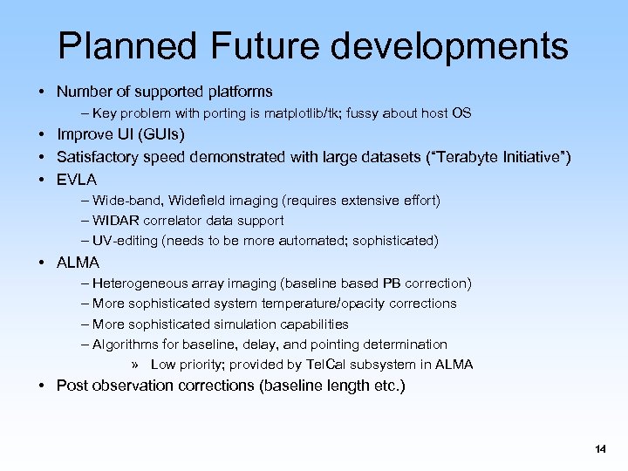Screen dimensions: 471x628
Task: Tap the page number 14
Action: [x=599, y=449]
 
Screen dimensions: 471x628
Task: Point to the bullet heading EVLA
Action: [x=77, y=179]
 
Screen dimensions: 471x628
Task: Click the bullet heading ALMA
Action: [x=78, y=262]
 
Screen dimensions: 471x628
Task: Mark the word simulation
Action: [x=268, y=324]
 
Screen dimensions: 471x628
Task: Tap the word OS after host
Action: [x=461, y=113]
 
